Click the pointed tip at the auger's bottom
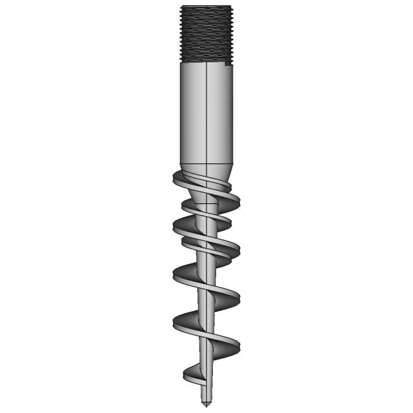point(205,404)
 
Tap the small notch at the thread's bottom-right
point(227,63)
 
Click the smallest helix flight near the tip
point(194,373)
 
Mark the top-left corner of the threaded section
point(181,6)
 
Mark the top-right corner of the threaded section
point(229,6)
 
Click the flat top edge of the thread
point(205,6)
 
